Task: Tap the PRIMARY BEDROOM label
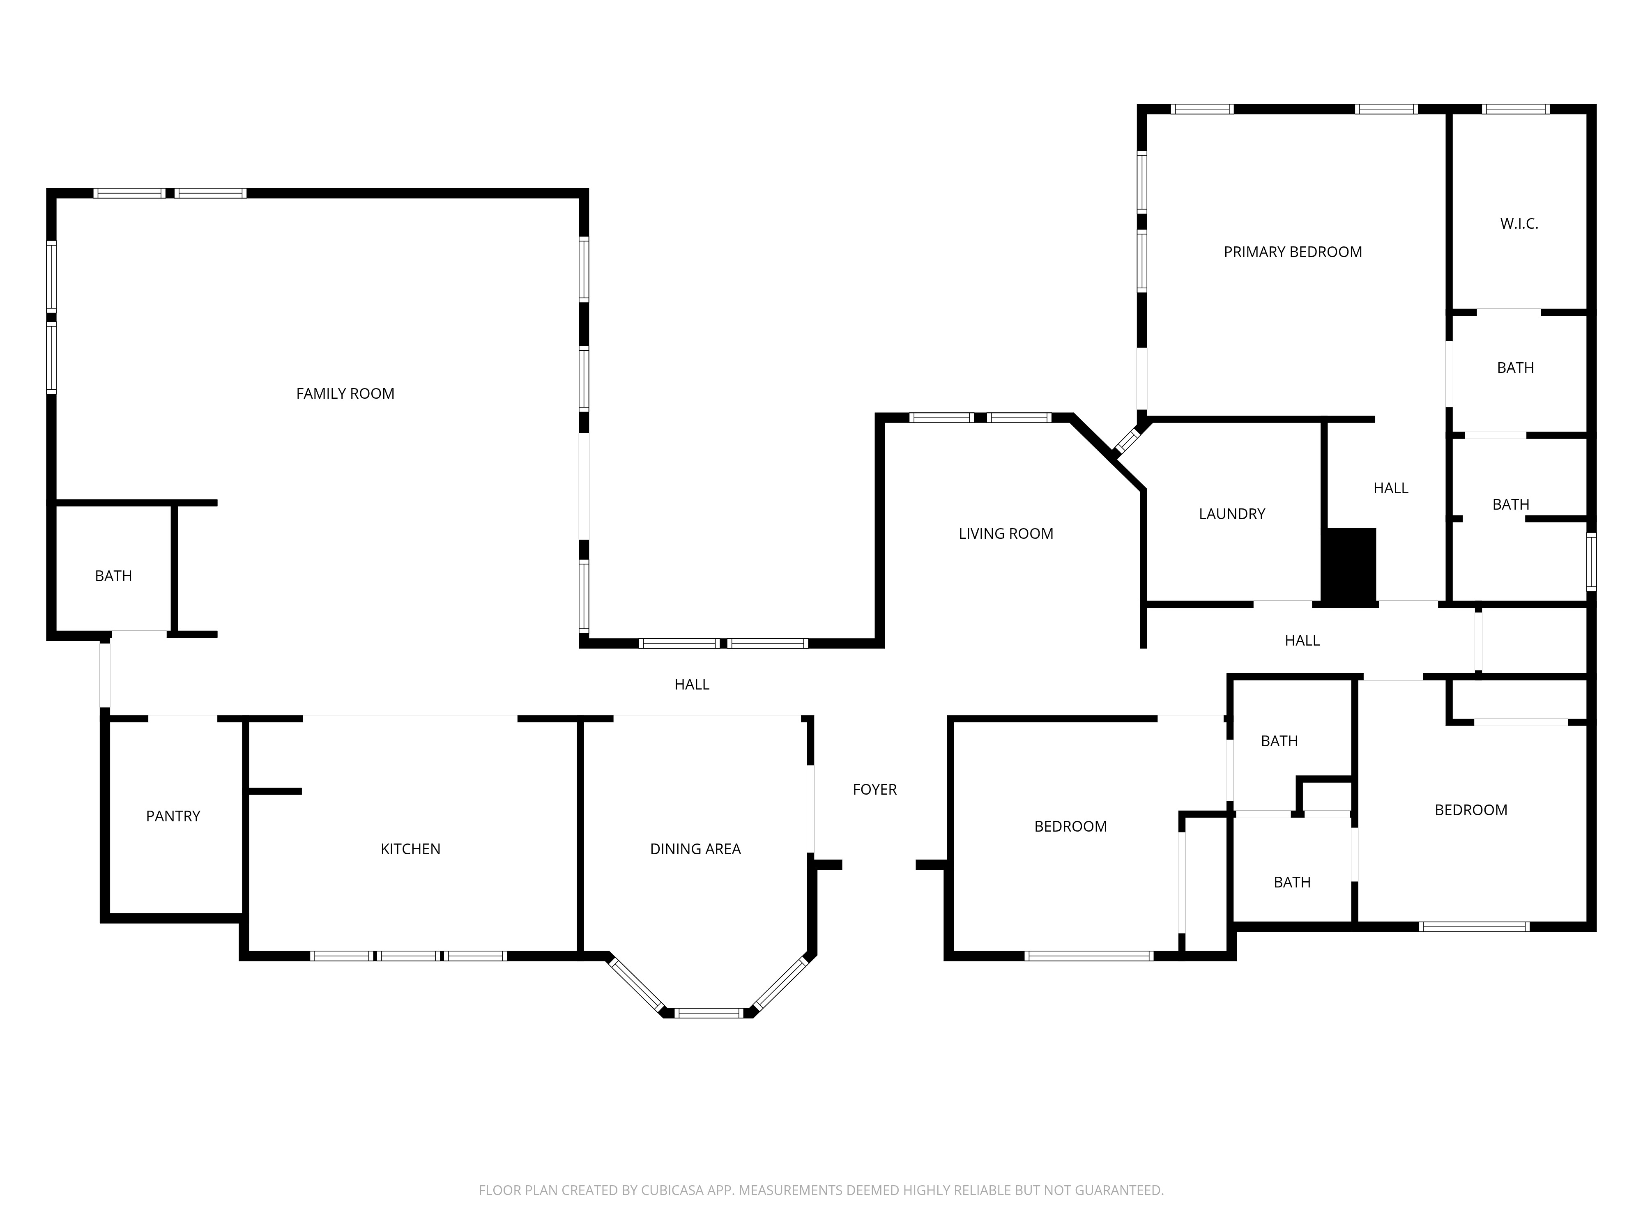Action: [x=1292, y=252]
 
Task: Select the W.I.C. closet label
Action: [x=1518, y=223]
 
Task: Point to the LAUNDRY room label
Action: [x=1231, y=514]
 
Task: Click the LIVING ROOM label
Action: [x=1005, y=533]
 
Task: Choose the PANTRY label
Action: [x=173, y=816]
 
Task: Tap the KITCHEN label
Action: [x=410, y=849]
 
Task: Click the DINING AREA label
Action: [x=695, y=849]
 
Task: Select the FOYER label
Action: [x=874, y=789]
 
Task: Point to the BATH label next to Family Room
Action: [x=114, y=575]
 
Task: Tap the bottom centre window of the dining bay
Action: [x=709, y=1013]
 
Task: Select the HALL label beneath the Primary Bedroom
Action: [x=1390, y=488]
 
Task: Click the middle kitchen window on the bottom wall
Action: [x=409, y=956]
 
